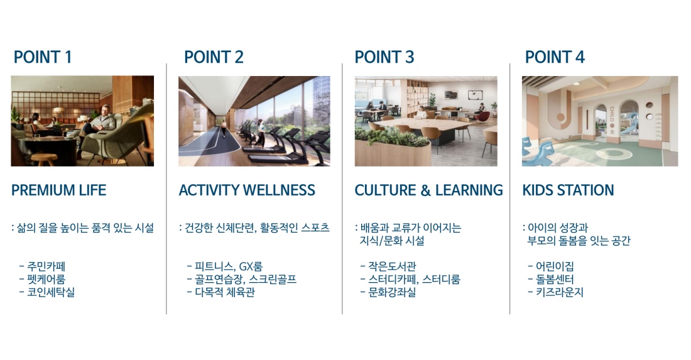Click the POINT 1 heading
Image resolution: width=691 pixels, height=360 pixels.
[42, 57]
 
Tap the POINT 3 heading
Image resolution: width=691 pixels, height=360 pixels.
[384, 57]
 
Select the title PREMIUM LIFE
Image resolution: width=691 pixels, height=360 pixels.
[58, 190]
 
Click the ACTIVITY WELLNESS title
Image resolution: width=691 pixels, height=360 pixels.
[247, 190]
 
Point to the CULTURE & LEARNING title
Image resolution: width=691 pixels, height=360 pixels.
[429, 190]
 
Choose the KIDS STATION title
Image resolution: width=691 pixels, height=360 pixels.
[568, 190]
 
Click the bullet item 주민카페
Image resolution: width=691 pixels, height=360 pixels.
[46, 266]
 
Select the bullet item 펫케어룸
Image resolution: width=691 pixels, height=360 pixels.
[46, 279]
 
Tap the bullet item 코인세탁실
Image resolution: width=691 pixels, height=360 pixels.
[51, 292]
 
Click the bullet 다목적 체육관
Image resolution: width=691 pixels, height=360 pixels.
[225, 292]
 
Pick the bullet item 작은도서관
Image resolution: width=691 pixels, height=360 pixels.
[392, 266]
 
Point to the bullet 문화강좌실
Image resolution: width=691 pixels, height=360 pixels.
[392, 292]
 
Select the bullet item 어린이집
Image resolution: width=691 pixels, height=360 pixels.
[555, 266]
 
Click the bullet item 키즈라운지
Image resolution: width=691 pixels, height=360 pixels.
[560, 292]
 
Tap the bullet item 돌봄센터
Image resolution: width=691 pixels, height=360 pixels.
[555, 279]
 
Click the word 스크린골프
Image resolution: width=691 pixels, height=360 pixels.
[273, 279]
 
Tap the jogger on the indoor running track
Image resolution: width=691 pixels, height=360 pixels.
[224, 128]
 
